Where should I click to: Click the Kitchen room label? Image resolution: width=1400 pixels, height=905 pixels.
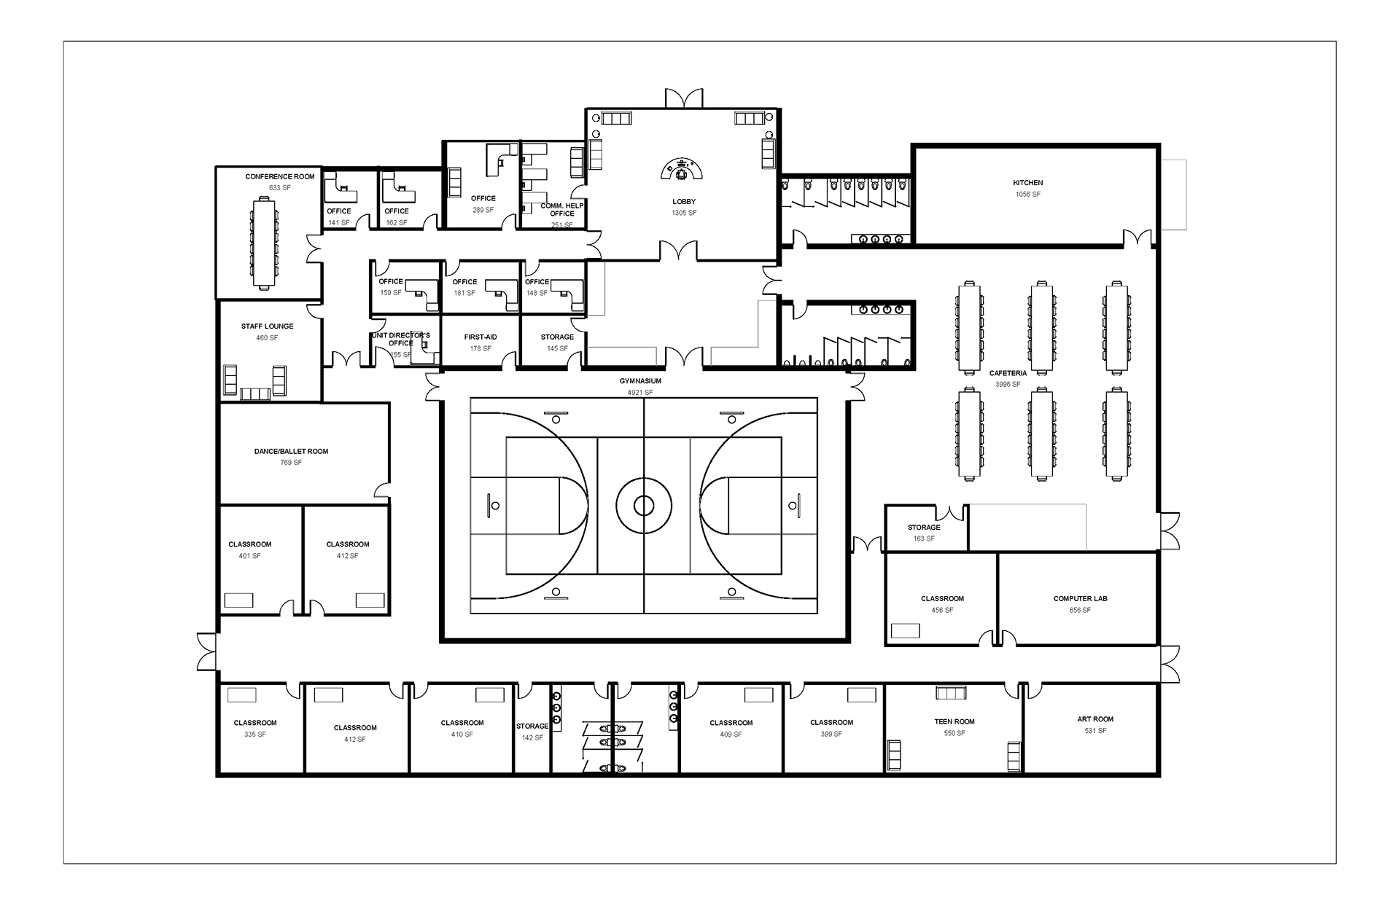(x=1027, y=183)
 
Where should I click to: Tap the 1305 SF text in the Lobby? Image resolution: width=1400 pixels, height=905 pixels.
(x=684, y=213)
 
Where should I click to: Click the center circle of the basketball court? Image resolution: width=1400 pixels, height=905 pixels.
(x=644, y=505)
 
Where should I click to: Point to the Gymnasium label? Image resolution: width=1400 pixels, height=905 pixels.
(x=640, y=381)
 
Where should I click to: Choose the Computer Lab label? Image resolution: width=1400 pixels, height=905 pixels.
(x=1080, y=599)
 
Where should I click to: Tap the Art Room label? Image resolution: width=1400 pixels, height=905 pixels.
(x=1095, y=719)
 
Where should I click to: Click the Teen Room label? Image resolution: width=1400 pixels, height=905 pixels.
(x=954, y=721)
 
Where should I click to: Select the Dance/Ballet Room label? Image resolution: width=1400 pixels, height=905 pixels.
(x=291, y=452)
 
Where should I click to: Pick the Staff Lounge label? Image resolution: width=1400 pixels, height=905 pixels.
(x=268, y=326)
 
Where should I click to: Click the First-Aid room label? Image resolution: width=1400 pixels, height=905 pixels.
(x=481, y=337)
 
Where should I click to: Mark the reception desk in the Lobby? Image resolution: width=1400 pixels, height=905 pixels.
(x=683, y=169)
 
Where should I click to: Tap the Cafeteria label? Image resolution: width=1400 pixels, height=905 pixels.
(x=1008, y=373)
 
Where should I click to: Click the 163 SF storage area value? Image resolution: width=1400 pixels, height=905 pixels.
(x=924, y=538)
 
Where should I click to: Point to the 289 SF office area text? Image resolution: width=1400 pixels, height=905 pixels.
(x=483, y=210)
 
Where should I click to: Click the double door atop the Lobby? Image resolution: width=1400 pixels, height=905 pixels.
(x=684, y=99)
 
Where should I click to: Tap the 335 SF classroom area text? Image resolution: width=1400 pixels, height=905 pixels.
(x=255, y=734)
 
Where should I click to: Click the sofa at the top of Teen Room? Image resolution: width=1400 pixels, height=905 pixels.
(x=951, y=692)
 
